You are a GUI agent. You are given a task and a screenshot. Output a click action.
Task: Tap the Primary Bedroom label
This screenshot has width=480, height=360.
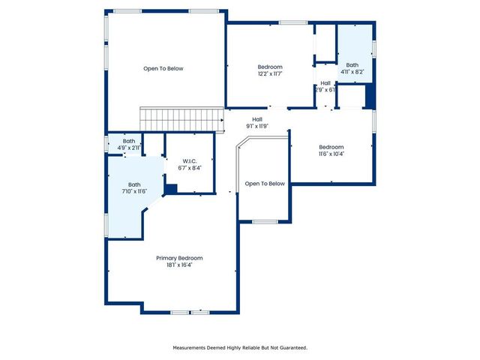tap(179, 258)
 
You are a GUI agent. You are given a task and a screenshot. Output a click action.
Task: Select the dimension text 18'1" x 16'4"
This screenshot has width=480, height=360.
tap(179, 265)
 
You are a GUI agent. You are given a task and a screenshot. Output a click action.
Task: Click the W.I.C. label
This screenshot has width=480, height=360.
tap(189, 161)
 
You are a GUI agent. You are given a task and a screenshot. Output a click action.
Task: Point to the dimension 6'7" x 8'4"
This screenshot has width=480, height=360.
tap(189, 168)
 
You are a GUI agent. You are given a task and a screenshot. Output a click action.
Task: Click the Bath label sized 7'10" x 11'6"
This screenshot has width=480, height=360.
tap(133, 184)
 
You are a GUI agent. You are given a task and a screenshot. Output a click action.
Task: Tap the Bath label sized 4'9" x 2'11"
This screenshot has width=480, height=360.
tap(129, 141)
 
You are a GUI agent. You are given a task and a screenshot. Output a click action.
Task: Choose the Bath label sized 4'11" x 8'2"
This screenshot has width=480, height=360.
tap(352, 65)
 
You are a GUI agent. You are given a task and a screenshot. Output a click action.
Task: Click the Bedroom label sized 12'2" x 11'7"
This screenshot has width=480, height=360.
tap(270, 67)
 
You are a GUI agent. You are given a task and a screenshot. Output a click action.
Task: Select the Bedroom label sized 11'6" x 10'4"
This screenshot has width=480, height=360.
tap(331, 147)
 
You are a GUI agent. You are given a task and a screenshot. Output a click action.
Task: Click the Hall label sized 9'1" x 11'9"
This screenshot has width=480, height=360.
tap(257, 119)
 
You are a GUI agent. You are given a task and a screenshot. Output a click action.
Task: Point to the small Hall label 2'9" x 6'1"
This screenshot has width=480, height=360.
tap(325, 83)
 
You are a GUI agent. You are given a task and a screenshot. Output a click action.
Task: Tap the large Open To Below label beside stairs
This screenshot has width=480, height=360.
tap(163, 68)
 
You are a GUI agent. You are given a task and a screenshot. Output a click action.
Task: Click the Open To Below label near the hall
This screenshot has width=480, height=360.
tap(265, 184)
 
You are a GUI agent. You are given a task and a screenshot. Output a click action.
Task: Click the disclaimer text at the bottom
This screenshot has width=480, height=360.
tap(240, 347)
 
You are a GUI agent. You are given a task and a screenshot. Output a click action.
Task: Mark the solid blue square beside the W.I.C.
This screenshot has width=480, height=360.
tap(170, 190)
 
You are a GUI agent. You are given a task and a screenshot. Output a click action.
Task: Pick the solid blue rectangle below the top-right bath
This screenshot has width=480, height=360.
tap(368, 97)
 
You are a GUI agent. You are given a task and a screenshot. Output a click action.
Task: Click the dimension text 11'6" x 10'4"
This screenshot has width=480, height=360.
tap(331, 154)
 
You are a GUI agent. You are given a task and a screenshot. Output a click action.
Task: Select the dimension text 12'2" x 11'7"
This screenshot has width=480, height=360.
tap(270, 73)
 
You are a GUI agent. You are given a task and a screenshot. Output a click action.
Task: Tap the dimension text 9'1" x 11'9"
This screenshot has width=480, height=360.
tap(257, 126)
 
